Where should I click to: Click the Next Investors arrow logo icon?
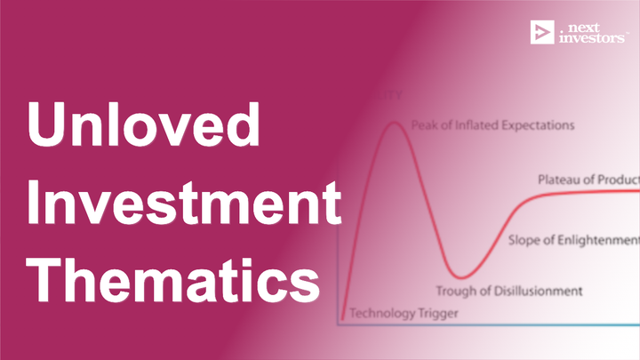(x=541, y=33)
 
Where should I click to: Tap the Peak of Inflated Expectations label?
(x=492, y=124)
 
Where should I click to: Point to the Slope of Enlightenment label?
(x=573, y=240)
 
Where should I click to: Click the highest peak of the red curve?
(x=392, y=122)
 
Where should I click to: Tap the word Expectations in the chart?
(x=537, y=124)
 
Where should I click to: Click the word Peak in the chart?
(x=423, y=124)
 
